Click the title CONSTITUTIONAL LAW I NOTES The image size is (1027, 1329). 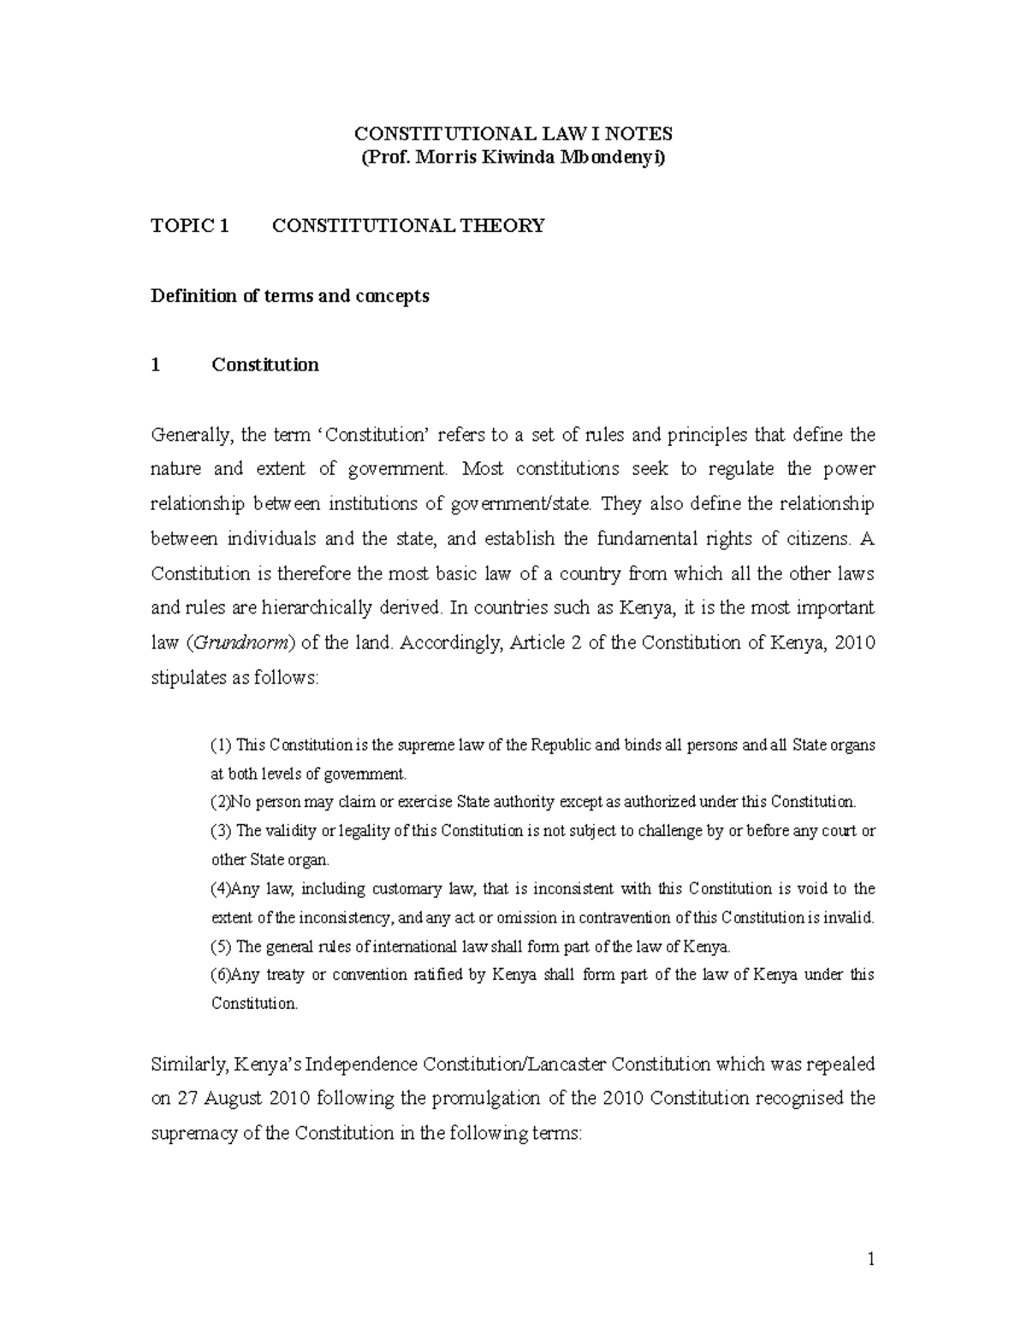[x=513, y=133]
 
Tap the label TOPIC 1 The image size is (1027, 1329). [x=190, y=226]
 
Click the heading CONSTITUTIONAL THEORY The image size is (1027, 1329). [x=407, y=226]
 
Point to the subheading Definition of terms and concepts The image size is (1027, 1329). [x=289, y=296]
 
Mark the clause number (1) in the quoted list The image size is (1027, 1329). [x=221, y=745]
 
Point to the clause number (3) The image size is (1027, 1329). [x=221, y=831]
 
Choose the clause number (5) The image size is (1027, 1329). [x=221, y=946]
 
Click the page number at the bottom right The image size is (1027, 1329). [x=870, y=1260]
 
